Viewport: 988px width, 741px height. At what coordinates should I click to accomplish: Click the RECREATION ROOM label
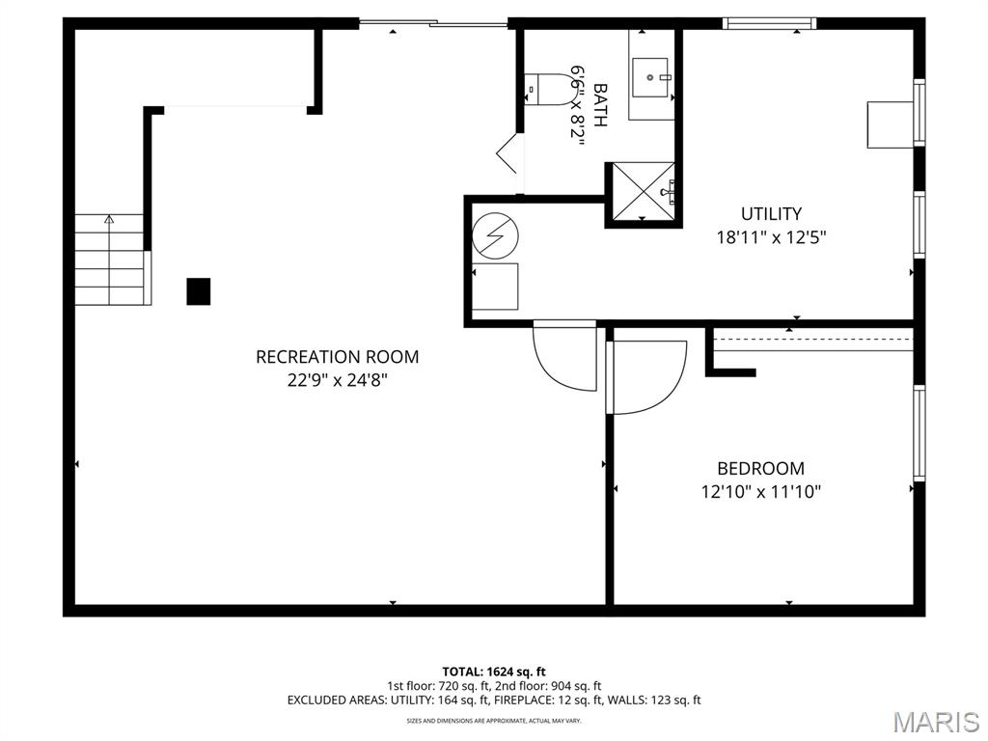point(337,357)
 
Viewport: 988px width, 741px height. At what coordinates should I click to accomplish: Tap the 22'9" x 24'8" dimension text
point(337,380)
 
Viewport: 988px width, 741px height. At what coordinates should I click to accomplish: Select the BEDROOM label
point(760,469)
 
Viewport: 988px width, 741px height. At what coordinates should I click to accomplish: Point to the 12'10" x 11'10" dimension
point(760,492)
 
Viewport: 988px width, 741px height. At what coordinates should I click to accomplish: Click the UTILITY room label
point(771,214)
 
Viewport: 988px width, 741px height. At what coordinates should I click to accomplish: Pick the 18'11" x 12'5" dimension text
point(771,237)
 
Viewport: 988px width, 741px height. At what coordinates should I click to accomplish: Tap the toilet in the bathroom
point(546,90)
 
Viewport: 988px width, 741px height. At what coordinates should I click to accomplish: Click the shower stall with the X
point(639,193)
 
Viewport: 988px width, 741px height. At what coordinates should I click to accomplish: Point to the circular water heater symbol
point(495,235)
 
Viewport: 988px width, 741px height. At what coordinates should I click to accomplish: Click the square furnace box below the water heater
point(495,287)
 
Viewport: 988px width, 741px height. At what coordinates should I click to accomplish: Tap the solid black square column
point(199,291)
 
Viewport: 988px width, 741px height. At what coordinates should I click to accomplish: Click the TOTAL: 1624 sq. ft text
point(494,672)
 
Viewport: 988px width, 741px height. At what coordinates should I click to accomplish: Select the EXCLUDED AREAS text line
point(494,700)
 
